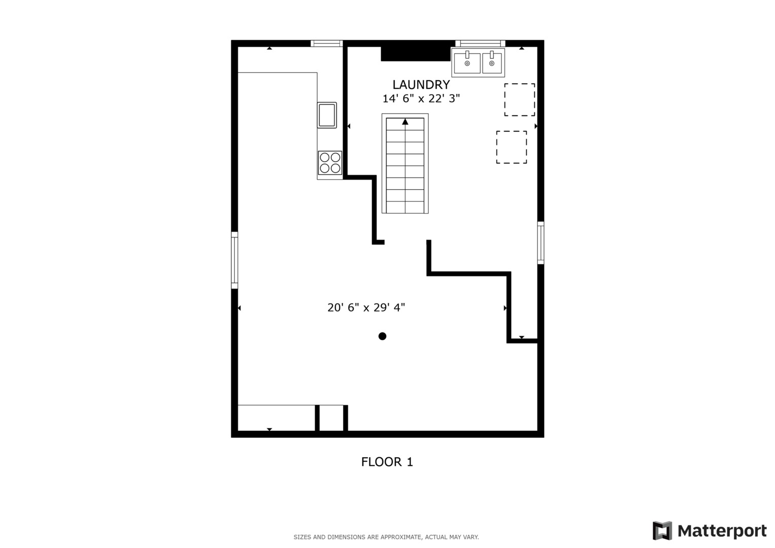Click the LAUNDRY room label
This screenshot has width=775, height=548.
pos(421,85)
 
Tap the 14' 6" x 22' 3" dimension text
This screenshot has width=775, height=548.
pos(421,98)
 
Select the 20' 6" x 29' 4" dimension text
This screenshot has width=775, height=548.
pos(366,307)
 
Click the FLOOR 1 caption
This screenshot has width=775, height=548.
pos(387,462)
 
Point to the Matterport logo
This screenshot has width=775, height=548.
pos(709,531)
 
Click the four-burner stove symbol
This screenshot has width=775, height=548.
pos(330,163)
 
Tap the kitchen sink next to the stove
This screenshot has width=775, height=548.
pos(327,115)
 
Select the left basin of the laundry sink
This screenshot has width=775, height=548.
pos(467,63)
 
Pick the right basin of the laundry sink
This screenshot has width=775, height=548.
pos(492,63)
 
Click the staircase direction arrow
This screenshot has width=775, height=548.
pos(405,122)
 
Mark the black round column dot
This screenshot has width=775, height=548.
pos(382,336)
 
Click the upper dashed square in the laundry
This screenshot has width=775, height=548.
pos(519,99)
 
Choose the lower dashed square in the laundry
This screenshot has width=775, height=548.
pos(511,147)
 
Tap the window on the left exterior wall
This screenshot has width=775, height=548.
pos(234,260)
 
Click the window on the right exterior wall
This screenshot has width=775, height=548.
pos(541,243)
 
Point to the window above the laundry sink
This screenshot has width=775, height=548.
pos(480,44)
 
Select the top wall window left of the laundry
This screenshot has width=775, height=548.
pos(326,44)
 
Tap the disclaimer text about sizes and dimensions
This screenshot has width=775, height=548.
pos(386,537)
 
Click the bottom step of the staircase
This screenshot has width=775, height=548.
pos(405,207)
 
